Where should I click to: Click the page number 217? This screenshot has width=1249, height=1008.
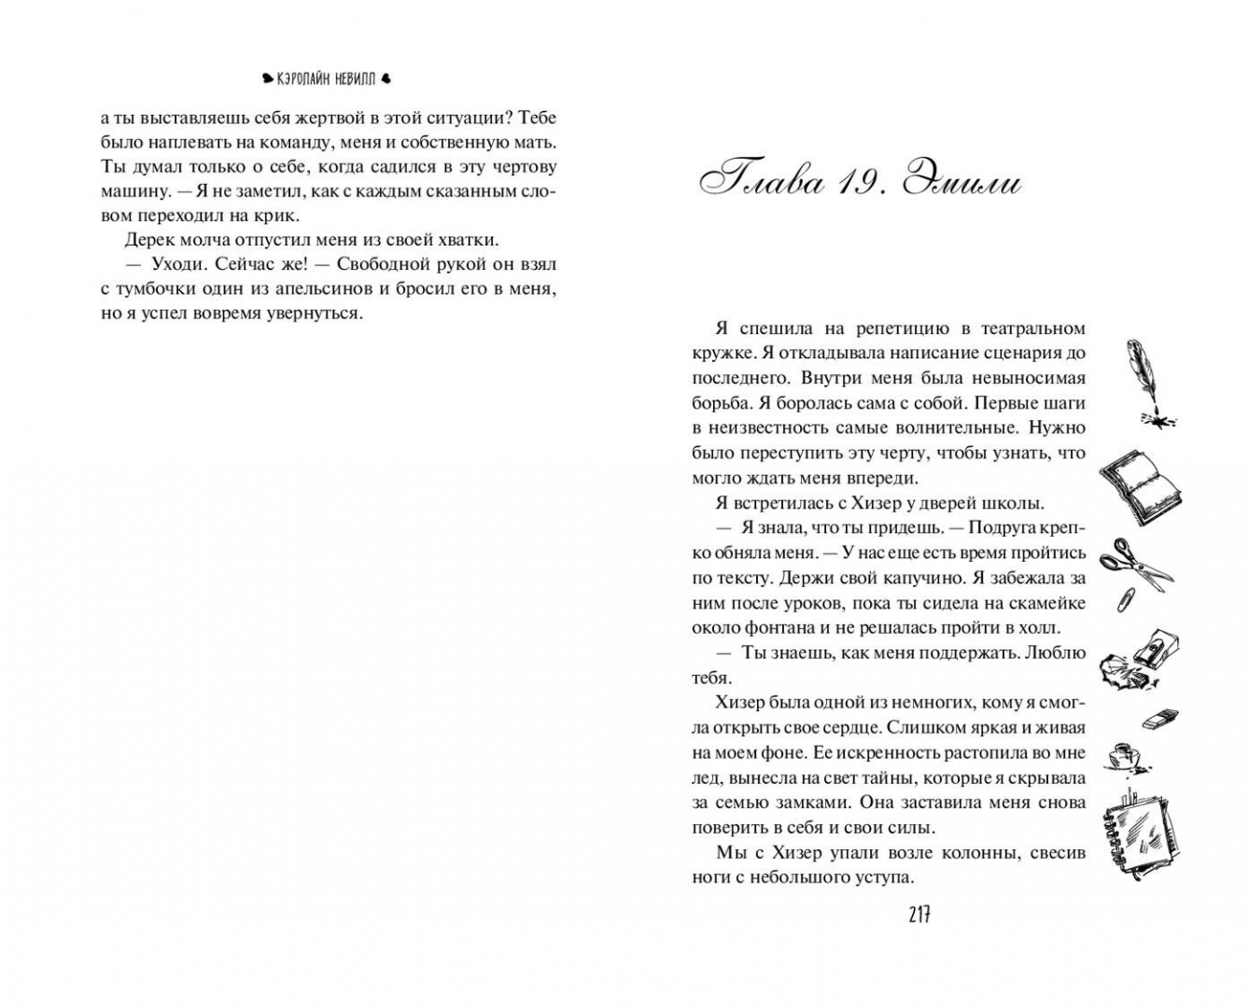pyautogui.click(x=919, y=915)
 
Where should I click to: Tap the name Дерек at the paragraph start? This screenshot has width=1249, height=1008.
pyautogui.click(x=150, y=239)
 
